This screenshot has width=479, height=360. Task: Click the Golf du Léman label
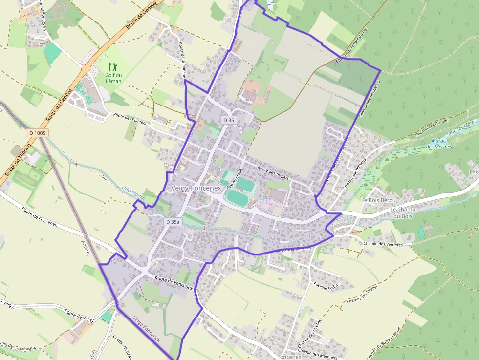click(113, 78)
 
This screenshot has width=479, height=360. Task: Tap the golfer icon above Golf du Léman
click(113, 66)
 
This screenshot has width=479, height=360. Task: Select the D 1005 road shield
click(37, 133)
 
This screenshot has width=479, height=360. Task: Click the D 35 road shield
click(228, 120)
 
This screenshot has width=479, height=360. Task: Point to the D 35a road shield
click(173, 222)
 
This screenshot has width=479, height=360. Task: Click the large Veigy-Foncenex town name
click(196, 188)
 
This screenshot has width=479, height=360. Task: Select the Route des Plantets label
click(130, 119)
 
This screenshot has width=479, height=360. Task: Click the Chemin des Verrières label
click(383, 243)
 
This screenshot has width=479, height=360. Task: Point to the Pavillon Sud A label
click(326, 284)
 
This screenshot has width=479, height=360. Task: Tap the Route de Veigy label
click(79, 316)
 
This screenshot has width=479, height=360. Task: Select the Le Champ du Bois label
click(403, 212)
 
